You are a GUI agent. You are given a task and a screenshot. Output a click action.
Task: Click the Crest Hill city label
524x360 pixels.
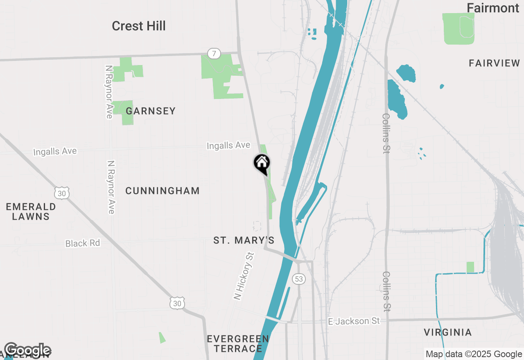(139, 26)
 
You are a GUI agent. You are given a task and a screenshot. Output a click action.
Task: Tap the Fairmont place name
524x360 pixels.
(493, 8)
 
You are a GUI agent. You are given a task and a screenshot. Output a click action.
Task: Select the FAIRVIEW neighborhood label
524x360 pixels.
(494, 63)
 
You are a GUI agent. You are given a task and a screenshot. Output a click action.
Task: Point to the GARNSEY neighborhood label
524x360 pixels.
(151, 111)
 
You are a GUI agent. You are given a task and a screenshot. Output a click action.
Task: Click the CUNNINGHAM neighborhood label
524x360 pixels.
(163, 191)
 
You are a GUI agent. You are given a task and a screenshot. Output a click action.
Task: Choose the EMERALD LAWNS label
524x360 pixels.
(31, 211)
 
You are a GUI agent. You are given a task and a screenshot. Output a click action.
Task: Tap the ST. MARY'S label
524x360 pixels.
(244, 241)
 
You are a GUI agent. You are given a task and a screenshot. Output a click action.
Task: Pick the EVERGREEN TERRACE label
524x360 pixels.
(238, 344)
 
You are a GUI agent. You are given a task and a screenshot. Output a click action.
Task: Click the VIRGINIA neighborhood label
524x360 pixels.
(447, 332)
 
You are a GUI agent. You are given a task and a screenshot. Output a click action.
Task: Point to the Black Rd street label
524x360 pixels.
(83, 243)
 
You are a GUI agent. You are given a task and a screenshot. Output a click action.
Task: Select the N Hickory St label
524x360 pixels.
(244, 277)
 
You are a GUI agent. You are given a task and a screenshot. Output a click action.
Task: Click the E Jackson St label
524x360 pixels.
(354, 322)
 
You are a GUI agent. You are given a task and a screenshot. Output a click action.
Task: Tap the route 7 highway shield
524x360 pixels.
(214, 54)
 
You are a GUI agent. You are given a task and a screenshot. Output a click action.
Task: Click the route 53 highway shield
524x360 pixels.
(299, 279)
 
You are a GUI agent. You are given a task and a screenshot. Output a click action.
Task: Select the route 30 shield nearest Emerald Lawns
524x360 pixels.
(61, 193)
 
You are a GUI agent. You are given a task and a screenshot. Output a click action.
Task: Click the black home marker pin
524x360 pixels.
(262, 164)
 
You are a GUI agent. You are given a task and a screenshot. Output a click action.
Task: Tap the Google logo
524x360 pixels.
(27, 351)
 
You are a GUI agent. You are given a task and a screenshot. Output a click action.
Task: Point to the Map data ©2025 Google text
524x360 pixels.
(474, 354)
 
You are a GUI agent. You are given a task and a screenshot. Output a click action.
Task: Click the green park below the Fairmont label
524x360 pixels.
(458, 28)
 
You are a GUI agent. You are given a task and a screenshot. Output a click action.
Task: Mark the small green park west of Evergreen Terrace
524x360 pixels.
(163, 337)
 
